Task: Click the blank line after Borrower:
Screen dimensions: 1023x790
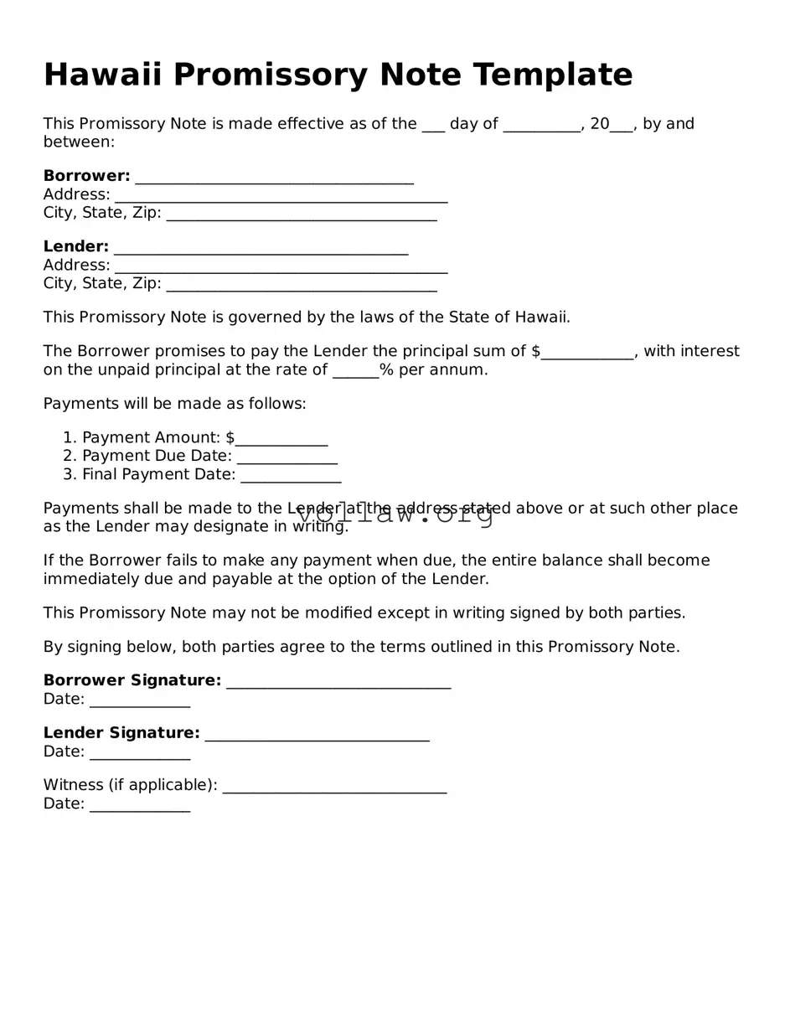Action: [274, 178]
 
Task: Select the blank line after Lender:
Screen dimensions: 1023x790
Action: [261, 249]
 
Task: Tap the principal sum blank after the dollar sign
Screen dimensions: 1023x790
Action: [587, 353]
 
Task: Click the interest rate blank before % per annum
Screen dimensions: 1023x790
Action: [355, 371]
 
